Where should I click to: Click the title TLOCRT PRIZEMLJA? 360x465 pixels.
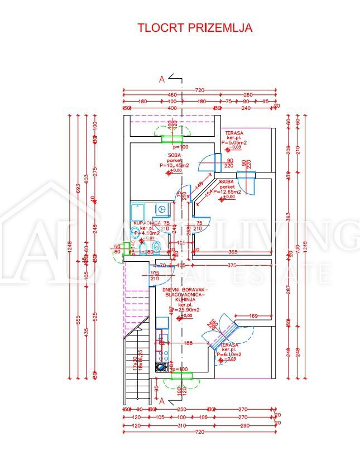[x=195, y=27]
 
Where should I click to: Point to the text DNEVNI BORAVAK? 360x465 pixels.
[x=185, y=290]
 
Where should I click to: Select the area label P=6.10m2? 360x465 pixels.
[x=231, y=354]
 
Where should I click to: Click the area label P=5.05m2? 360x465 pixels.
[x=234, y=143]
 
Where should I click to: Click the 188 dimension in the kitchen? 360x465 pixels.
[x=188, y=343]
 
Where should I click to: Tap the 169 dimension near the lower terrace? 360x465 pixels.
[x=253, y=317]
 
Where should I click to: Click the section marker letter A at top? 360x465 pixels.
[x=162, y=79]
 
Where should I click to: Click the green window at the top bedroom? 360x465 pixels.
[x=172, y=138]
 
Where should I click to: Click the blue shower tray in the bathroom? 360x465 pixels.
[x=138, y=212]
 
